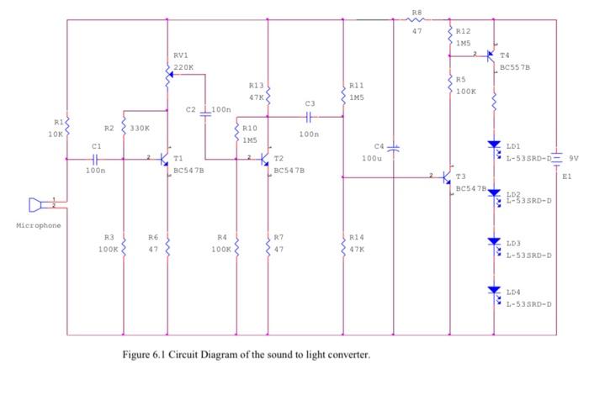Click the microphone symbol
pos(36,204)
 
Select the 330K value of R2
pos(141,129)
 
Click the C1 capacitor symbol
pos(95,158)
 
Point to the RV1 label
pos(181,55)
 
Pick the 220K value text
pos(183,66)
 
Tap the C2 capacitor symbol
pos(204,110)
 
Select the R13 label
pos(257,85)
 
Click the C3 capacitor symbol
pos(309,117)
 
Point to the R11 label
pos(356,85)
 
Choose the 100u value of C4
pos(372,158)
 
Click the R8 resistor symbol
pos(417,20)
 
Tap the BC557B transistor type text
pos(515,66)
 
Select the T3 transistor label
pos(461,177)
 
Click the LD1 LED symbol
pos(495,146)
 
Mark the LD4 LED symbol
pos(495,291)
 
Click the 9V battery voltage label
pos(574,158)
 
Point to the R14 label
pos(357,237)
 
